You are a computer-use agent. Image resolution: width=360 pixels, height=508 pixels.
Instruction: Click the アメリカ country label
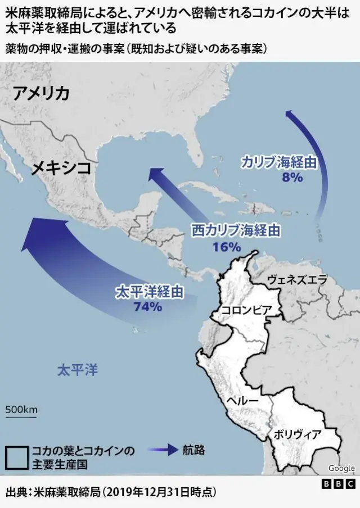coord(42,93)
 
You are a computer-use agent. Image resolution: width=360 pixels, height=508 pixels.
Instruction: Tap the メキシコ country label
coord(61,167)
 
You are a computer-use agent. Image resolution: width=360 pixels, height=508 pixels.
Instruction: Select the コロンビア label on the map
coord(246,310)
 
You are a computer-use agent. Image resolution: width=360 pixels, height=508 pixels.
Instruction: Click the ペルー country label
coord(242,401)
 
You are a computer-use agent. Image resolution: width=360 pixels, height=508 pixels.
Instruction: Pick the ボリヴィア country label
coord(298,434)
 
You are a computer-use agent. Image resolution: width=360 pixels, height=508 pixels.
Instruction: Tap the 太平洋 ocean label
coord(78,370)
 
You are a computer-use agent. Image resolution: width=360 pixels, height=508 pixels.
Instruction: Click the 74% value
coord(148,307)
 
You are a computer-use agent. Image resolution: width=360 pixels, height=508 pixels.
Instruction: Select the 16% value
coord(227,246)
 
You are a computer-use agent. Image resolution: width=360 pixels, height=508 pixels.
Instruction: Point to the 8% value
coord(292,178)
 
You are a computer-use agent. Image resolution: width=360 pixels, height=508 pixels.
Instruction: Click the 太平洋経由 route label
coord(149,292)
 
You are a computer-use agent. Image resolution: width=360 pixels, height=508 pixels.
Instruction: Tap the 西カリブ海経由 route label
coord(235,230)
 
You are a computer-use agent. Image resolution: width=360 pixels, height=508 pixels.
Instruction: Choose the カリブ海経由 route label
coord(277,163)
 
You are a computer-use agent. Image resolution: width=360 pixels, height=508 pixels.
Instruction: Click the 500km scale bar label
coord(21,409)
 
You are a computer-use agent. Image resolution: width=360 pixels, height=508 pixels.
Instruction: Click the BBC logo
coord(338,484)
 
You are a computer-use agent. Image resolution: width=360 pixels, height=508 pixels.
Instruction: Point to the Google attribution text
coord(341,468)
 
